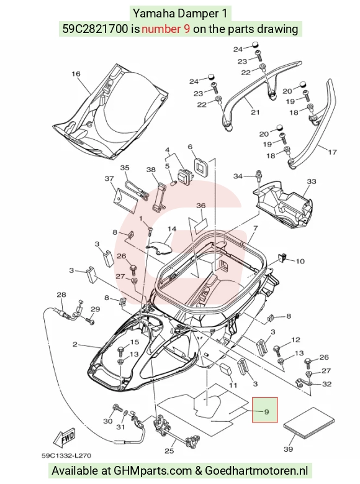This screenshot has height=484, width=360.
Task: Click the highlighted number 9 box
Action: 265,409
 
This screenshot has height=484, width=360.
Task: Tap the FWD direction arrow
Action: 64,439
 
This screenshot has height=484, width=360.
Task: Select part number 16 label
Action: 76,74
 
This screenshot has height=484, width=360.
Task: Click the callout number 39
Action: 288,449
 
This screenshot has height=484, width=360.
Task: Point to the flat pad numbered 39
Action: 308,423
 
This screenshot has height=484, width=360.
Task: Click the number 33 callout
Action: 312,181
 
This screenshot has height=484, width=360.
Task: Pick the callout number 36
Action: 201,206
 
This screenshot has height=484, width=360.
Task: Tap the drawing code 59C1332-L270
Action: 66,455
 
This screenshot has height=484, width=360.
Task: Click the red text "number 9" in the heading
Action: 166,29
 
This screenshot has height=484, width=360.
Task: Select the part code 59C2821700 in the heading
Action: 95,29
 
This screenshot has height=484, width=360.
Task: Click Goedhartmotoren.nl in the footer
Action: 256,470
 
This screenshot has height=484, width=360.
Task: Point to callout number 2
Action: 75,344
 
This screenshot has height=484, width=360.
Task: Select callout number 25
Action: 169,451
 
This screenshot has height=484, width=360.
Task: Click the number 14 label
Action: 172,229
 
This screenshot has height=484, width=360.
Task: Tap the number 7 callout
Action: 256,229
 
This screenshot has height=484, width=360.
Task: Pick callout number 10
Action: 300,262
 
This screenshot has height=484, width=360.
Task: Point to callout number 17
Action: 332,152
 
